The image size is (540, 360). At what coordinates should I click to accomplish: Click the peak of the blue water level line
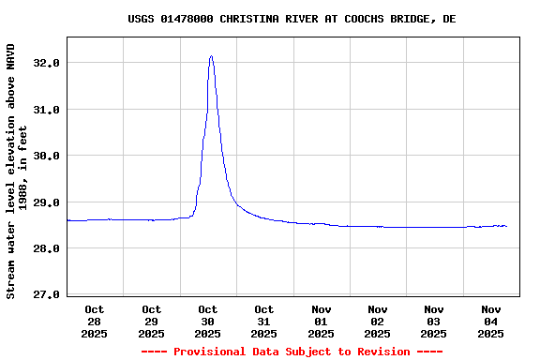point(211,56)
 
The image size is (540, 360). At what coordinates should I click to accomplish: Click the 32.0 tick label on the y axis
point(47,63)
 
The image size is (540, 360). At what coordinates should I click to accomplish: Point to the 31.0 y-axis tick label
point(47,110)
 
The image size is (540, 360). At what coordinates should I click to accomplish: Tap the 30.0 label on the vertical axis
point(47,156)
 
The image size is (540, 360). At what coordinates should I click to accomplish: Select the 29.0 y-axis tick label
point(47,202)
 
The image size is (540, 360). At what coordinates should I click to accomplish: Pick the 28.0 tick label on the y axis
point(47,248)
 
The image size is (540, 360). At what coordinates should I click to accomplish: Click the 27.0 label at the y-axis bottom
point(47,295)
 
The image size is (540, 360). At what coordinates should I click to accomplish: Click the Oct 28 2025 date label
point(95,321)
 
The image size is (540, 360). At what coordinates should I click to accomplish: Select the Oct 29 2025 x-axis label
point(151,321)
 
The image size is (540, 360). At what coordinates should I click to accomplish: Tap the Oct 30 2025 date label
point(207,321)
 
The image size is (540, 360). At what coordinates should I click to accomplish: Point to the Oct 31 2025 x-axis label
point(263,321)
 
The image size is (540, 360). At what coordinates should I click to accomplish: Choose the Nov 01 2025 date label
point(321,321)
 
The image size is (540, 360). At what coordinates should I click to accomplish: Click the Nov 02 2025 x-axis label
point(377,321)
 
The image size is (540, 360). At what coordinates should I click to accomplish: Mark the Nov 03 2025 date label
point(433,321)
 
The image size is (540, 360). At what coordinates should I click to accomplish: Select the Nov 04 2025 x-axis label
point(490,321)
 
